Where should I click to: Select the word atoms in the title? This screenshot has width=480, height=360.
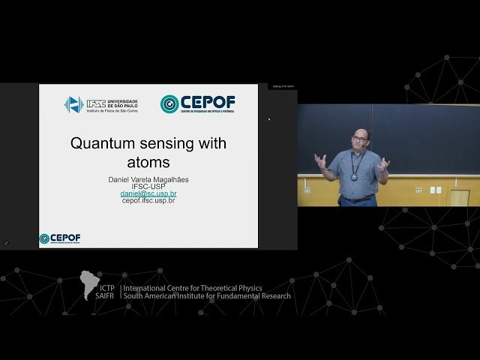pyautogui.click(x=148, y=161)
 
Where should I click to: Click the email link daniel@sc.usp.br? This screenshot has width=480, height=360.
pyautogui.click(x=148, y=193)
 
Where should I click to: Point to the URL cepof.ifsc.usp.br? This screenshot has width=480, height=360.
pyautogui.click(x=148, y=201)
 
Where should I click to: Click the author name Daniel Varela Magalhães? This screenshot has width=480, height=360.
pyautogui.click(x=148, y=179)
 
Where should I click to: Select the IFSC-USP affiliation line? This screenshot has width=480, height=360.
pyautogui.click(x=148, y=187)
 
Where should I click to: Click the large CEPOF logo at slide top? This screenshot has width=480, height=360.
pyautogui.click(x=197, y=103)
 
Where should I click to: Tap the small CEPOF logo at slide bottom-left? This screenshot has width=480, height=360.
pyautogui.click(x=60, y=238)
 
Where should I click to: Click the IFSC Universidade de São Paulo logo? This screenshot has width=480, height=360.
pyautogui.click(x=100, y=104)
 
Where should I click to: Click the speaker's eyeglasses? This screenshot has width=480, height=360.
pyautogui.click(x=358, y=139)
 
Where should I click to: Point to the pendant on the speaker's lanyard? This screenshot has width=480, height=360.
pyautogui.click(x=354, y=178)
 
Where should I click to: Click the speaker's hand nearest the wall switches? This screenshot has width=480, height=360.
pyautogui.click(x=385, y=163)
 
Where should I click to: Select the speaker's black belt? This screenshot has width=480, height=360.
pyautogui.click(x=355, y=199)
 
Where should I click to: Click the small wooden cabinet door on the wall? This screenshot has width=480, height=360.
pyautogui.click(x=459, y=197)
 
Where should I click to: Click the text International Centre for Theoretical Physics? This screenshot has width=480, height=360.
pyautogui.click(x=196, y=287)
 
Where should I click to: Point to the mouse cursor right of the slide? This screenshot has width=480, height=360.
pyautogui.click(x=269, y=118)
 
